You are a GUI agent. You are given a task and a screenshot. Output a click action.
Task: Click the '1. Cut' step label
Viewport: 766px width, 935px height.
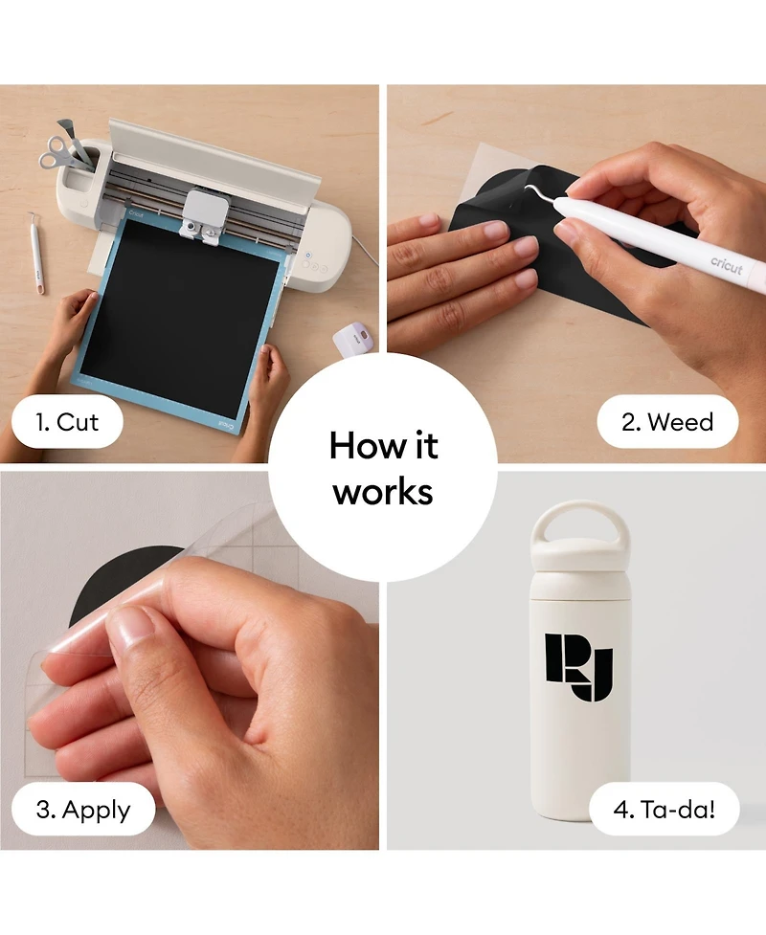[67, 422]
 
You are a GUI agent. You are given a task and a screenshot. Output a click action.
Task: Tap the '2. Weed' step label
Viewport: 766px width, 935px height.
[667, 422]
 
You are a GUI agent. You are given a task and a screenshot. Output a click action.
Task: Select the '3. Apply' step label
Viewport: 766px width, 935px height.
[83, 810]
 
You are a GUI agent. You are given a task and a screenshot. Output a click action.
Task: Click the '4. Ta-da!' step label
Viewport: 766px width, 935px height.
[664, 810]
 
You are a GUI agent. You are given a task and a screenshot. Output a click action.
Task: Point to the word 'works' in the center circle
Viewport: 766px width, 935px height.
[383, 493]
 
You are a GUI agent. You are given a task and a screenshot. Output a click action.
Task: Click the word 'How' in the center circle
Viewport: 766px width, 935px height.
[358, 445]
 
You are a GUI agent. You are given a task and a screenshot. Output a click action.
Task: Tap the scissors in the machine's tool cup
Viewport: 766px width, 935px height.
[58, 151]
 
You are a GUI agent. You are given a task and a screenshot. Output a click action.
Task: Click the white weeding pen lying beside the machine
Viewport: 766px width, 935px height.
[35, 253]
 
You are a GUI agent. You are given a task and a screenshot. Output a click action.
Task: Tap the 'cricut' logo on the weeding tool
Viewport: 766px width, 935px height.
[726, 265]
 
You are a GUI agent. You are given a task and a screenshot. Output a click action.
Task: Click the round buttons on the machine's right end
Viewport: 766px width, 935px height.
[314, 266]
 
